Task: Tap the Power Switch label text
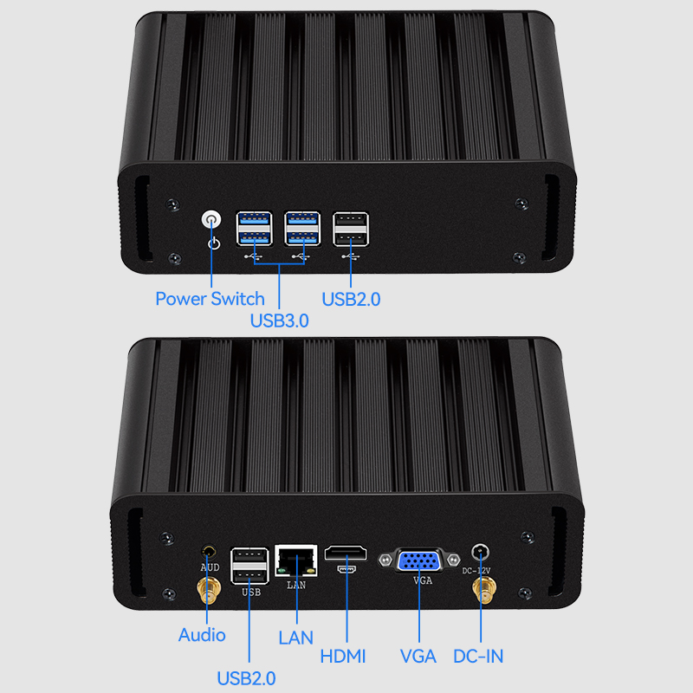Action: click(x=210, y=299)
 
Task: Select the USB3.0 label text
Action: click(x=280, y=320)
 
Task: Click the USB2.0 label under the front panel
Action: click(x=351, y=300)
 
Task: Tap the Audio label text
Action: click(x=202, y=635)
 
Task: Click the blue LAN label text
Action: click(x=295, y=638)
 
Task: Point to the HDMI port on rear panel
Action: click(x=346, y=554)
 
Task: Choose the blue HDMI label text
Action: click(x=343, y=657)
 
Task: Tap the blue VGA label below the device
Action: click(x=418, y=657)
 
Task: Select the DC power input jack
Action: click(x=481, y=552)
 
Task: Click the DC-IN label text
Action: click(x=478, y=657)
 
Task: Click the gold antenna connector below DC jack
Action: click(x=481, y=593)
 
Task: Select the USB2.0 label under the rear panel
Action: click(x=246, y=677)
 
